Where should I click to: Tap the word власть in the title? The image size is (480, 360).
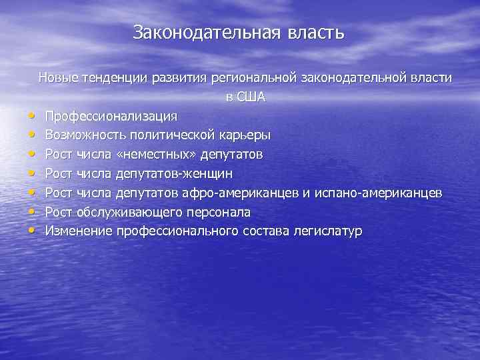pyautogui.click(x=316, y=33)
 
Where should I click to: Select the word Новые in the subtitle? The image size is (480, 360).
pyautogui.click(x=59, y=78)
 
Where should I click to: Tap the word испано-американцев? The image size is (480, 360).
pyautogui.click(x=377, y=193)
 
